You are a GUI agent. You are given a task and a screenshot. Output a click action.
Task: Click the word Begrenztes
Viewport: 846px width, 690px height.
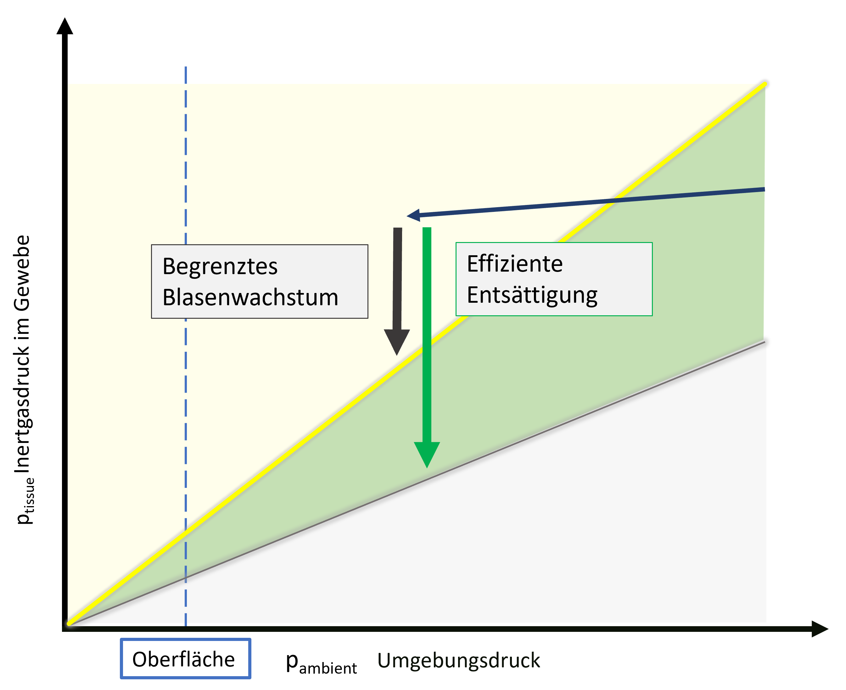pos(220,266)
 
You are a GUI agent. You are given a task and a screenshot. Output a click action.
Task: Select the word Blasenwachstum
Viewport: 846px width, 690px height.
pos(250,297)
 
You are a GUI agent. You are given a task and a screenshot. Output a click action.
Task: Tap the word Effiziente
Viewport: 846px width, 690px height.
pos(515,264)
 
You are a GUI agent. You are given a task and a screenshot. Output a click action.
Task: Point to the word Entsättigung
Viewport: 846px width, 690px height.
pos(532,295)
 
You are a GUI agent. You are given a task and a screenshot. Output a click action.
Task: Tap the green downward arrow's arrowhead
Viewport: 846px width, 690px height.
pos(427,454)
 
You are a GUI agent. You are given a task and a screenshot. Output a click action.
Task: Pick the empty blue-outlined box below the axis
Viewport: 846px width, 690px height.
pos(185,658)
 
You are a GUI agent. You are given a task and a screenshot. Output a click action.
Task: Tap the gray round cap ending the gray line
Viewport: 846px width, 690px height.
pos(766,341)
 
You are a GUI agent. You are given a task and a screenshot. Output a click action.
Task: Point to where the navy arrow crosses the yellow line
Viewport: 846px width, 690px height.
pos(615,200)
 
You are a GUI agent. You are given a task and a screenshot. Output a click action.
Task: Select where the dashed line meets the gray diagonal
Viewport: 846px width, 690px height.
pos(186,578)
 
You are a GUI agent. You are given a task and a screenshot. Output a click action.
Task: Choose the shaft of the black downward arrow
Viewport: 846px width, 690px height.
pos(397,278)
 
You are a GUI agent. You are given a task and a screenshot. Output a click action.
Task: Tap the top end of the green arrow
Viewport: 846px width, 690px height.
pos(427,229)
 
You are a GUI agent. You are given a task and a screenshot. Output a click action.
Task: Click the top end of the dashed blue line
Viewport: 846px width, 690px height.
pos(186,68)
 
